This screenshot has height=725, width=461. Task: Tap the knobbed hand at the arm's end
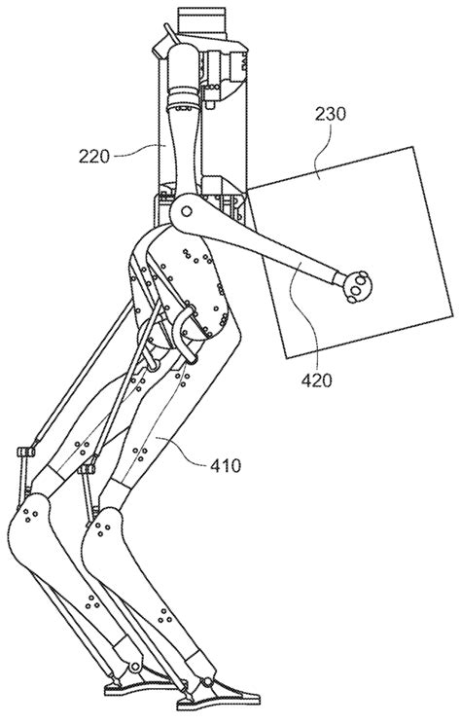click(x=359, y=284)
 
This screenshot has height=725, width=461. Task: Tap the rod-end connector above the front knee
click(x=88, y=472)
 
